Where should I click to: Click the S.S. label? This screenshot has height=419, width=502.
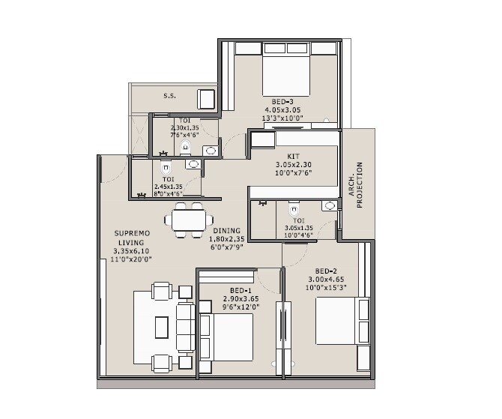click(x=169, y=96)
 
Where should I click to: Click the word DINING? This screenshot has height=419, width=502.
click(x=226, y=231)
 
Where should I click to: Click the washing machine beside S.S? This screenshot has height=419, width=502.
click(x=206, y=98)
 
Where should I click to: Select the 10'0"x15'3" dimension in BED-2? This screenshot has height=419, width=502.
click(x=327, y=288)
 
